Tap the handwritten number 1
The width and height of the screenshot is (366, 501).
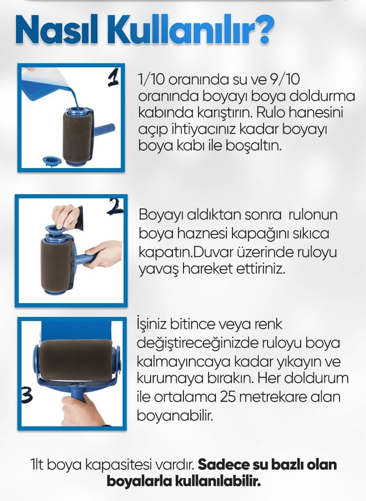pos(113,78)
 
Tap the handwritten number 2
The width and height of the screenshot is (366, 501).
pos(115,207)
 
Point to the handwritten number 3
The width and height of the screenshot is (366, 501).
pos(27,396)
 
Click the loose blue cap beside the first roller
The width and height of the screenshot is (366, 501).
pos(52,161)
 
